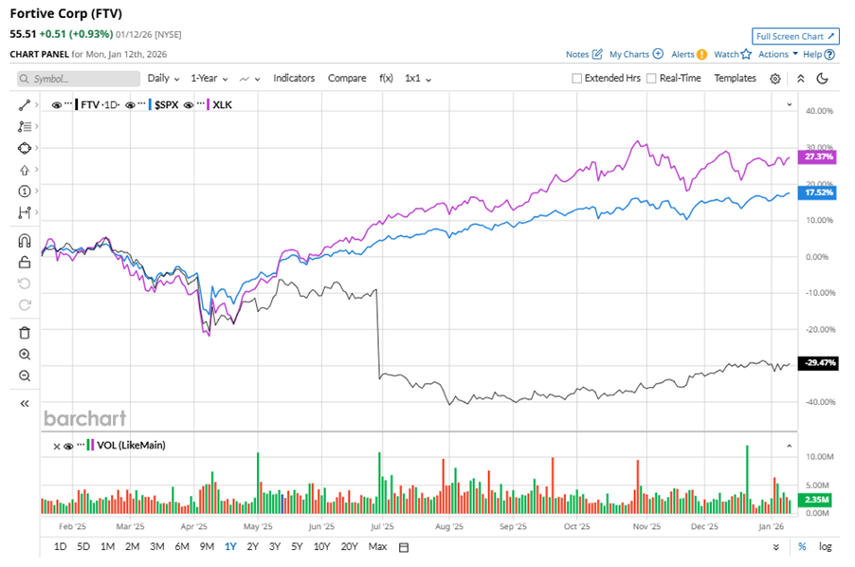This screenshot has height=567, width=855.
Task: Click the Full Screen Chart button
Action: (795, 36)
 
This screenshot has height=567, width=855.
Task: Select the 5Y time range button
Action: (298, 546)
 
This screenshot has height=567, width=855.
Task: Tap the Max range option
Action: (377, 546)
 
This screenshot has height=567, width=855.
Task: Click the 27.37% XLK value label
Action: (818, 156)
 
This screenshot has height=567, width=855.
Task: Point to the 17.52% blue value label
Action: (818, 192)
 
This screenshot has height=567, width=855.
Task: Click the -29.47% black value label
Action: (818, 362)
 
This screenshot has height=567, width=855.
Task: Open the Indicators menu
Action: (294, 78)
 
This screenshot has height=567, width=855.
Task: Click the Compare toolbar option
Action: (347, 78)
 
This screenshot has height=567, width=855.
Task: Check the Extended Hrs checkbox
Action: (577, 78)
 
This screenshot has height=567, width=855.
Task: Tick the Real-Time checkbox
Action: (651, 78)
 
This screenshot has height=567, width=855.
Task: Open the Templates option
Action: (735, 78)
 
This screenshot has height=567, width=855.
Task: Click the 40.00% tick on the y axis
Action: (818, 111)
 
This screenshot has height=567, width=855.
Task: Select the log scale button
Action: (826, 546)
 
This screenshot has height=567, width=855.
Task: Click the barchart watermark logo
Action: (84, 417)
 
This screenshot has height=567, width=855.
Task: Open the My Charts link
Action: (629, 54)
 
